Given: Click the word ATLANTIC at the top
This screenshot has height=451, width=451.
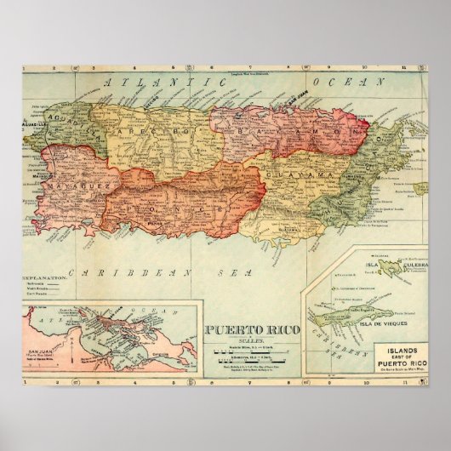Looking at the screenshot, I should (136, 83).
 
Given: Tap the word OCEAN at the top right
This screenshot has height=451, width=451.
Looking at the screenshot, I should (339, 83).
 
